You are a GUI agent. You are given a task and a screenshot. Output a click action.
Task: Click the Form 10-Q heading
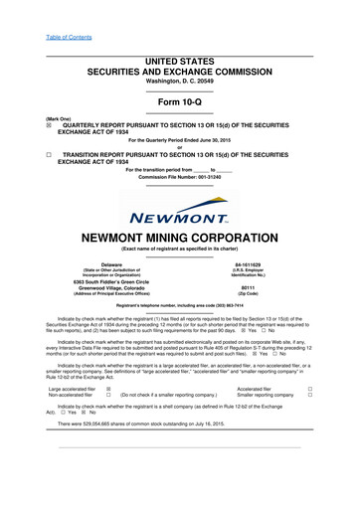180,104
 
